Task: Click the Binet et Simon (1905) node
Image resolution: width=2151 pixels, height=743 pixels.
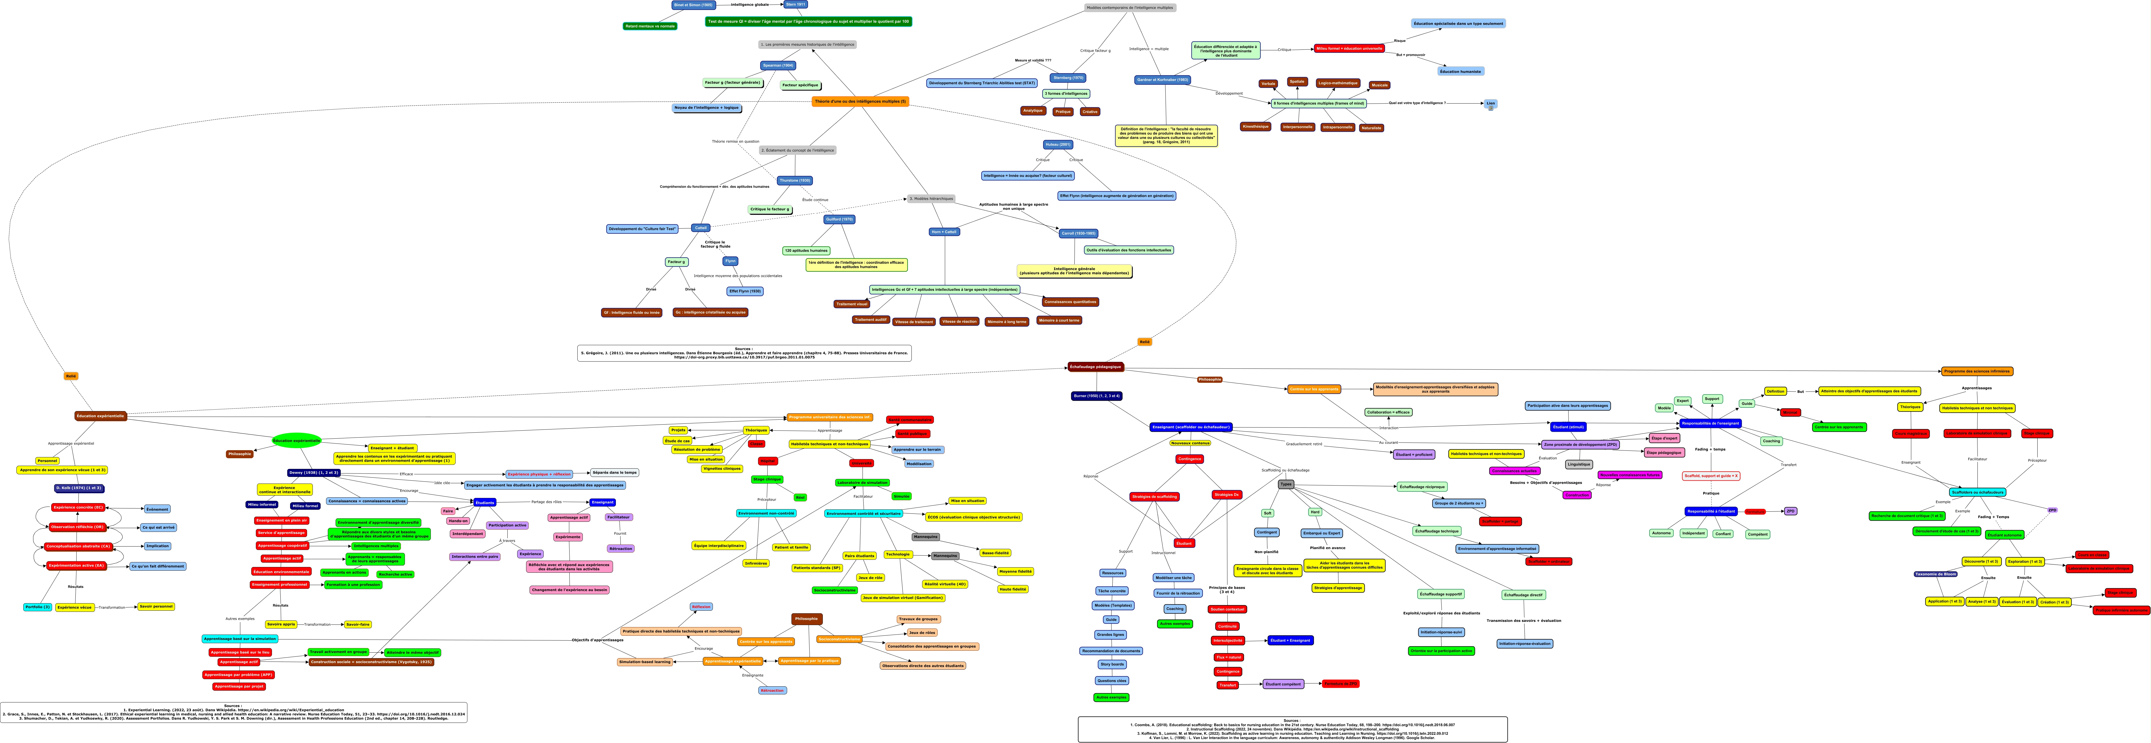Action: (x=693, y=5)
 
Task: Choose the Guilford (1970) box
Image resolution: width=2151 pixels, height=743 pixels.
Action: (x=838, y=219)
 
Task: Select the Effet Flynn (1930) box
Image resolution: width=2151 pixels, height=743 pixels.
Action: (x=745, y=291)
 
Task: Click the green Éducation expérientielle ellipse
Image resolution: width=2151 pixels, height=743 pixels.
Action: (x=296, y=440)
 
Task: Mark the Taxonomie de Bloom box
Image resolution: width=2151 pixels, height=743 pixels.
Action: (x=1935, y=574)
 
